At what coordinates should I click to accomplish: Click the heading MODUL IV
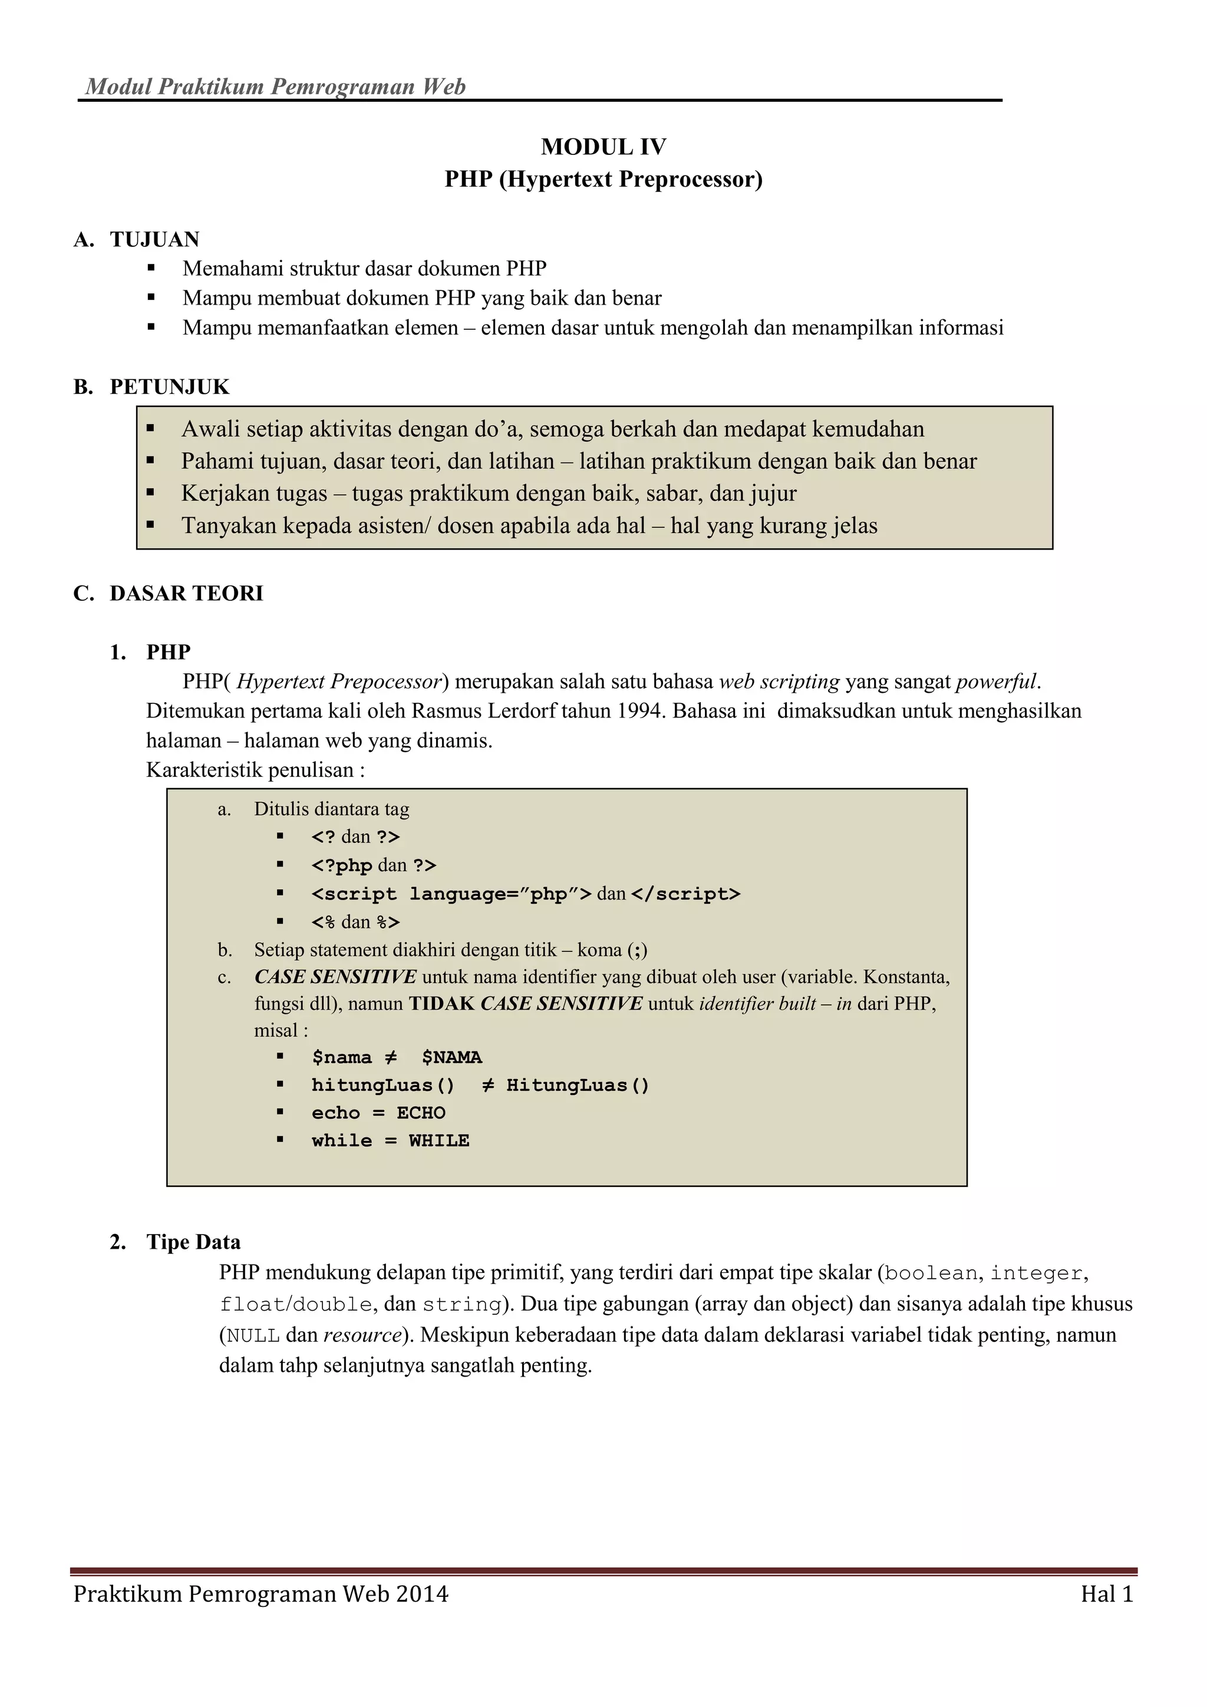tap(603, 147)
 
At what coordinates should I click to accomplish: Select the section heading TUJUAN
tap(154, 239)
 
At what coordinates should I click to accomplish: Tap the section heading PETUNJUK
tap(170, 386)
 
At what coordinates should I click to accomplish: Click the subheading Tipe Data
tap(193, 1242)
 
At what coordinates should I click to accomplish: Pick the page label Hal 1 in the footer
tap(1107, 1594)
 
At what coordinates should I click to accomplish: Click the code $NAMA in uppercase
tap(451, 1057)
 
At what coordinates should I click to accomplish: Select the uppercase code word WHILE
tap(438, 1140)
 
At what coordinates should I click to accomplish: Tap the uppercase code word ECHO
tap(421, 1113)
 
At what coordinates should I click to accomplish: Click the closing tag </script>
tap(685, 894)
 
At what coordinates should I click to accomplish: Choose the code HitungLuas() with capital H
tap(578, 1086)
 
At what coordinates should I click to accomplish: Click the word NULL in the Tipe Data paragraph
tap(253, 1335)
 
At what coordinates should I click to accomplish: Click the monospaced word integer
tap(1036, 1273)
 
